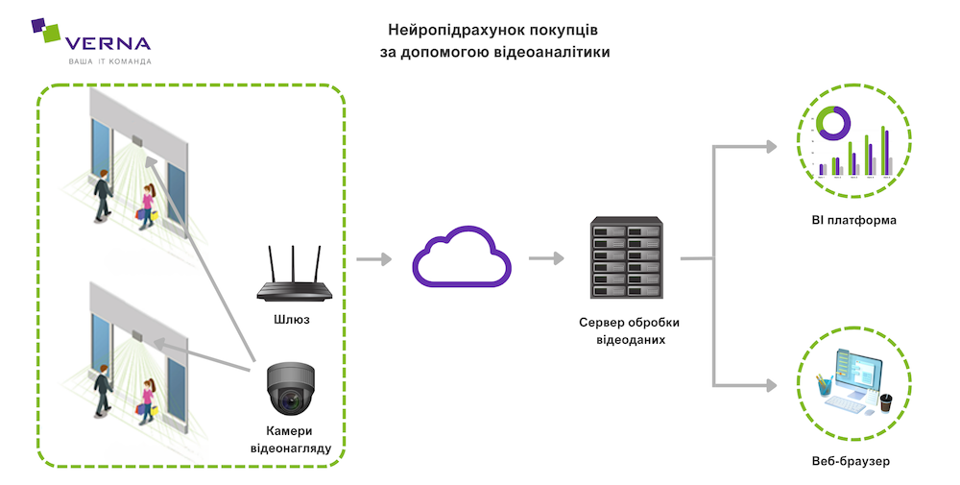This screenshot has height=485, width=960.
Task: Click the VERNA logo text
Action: [107, 43]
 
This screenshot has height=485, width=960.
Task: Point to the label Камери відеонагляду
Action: [292, 438]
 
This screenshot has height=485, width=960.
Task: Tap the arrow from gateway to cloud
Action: [373, 258]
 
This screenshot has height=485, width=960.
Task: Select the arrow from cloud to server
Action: [545, 258]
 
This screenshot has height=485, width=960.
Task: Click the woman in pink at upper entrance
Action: [147, 204]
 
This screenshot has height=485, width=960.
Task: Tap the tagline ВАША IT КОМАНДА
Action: [108, 61]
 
